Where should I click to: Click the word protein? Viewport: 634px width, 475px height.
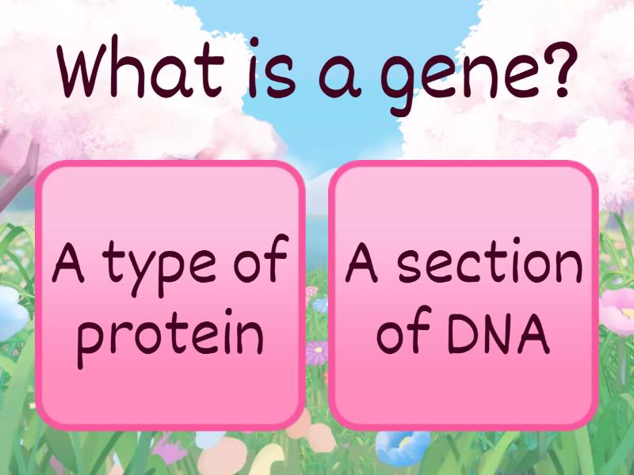(x=171, y=336)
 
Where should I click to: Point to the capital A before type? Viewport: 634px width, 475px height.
(x=70, y=264)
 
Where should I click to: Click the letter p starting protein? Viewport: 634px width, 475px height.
(x=94, y=340)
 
